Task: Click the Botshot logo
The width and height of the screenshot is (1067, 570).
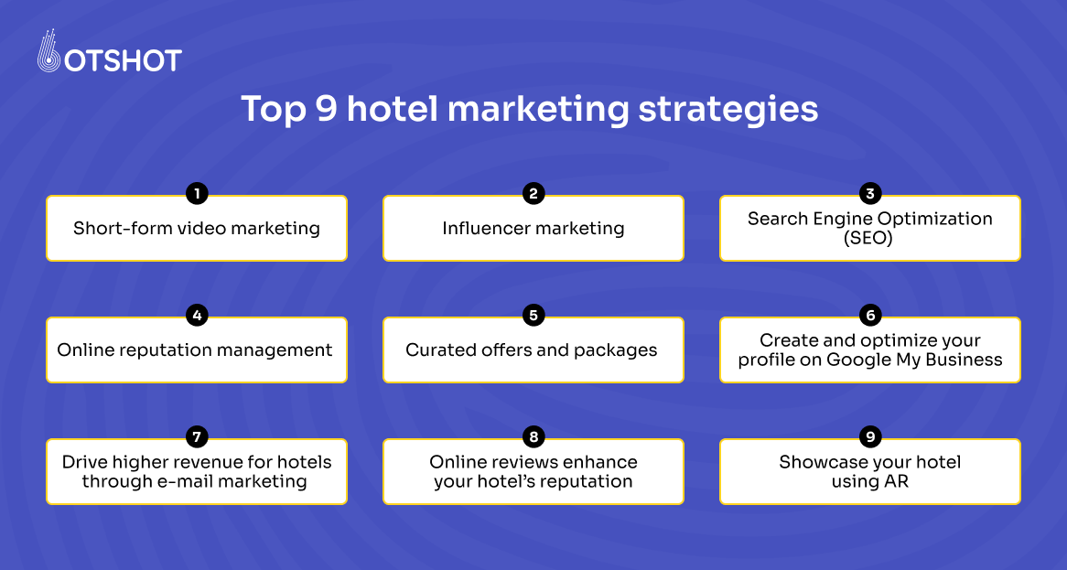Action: [109, 55]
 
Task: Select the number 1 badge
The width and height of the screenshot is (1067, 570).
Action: [196, 193]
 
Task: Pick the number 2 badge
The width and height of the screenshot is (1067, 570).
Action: [533, 193]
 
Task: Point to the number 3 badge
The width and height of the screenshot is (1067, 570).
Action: [870, 193]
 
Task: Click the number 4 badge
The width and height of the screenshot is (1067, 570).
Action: [196, 315]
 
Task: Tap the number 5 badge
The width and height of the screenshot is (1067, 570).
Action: [533, 315]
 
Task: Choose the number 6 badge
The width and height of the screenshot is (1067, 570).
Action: [870, 315]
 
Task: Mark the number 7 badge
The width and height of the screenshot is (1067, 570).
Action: [196, 437]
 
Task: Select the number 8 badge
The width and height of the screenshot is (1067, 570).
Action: [533, 437]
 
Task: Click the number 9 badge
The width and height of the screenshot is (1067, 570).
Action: [870, 437]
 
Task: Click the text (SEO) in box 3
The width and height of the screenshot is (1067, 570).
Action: [869, 238]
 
